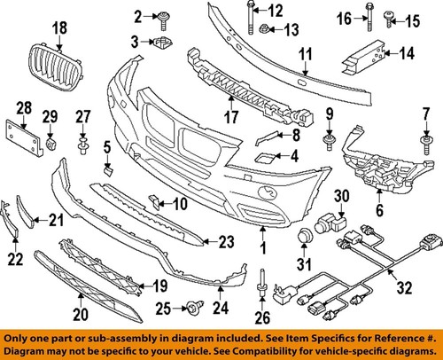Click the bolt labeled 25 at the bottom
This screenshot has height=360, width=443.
[190, 307]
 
